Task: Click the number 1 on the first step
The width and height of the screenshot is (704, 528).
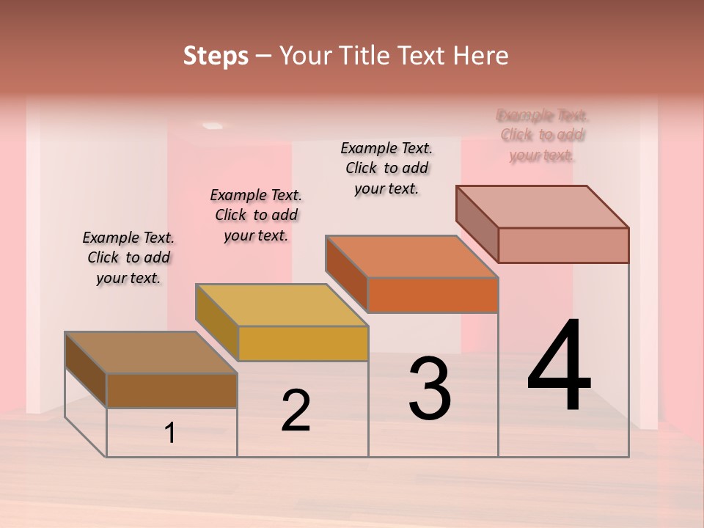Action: [170, 433]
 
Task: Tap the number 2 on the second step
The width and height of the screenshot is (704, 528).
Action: [296, 411]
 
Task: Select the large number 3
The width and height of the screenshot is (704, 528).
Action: [430, 389]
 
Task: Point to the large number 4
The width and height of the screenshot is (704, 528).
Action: [559, 367]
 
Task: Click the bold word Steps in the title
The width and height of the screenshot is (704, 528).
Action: [216, 56]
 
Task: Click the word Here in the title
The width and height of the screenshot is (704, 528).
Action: [480, 56]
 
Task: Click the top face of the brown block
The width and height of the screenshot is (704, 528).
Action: [150, 352]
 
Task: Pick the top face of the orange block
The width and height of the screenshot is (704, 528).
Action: [411, 256]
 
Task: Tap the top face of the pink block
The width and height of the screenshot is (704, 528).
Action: [542, 206]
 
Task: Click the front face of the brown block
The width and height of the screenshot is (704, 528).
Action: [172, 390]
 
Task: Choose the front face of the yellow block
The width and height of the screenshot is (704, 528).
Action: [303, 343]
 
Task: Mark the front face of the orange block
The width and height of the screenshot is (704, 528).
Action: [433, 295]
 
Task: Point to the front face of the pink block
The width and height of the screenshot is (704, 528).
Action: [563, 245]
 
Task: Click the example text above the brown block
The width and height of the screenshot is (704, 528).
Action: [128, 257]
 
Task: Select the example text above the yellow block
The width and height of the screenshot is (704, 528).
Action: [256, 215]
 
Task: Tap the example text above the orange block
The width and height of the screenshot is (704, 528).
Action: [386, 168]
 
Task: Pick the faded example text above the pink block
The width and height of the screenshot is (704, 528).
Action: [543, 135]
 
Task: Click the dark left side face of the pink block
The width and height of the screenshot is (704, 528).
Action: [477, 224]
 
